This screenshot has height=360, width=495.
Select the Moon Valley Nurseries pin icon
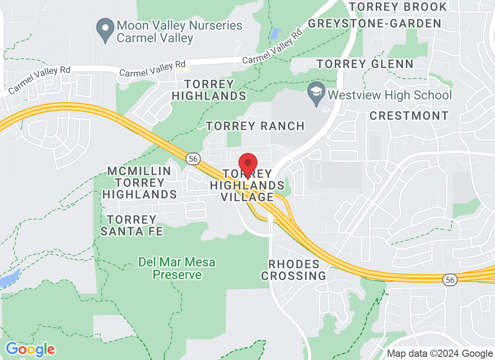coord(105,30)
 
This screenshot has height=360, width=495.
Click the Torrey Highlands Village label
coord(248,185)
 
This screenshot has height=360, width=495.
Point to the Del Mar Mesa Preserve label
coord(177,268)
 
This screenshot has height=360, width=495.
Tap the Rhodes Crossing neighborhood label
coord(293,270)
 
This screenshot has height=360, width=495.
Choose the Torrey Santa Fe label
coord(131,225)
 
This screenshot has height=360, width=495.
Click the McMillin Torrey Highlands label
coord(139,183)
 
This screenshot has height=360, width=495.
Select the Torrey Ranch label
coord(255,126)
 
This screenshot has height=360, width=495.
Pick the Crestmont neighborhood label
coord(409,116)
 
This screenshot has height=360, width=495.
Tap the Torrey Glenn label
coord(365,64)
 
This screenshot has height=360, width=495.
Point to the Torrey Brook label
coord(398,7)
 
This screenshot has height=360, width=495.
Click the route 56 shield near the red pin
coord(193,158)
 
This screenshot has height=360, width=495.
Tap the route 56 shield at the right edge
coord(450,280)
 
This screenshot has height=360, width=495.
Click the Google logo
coord(30,349)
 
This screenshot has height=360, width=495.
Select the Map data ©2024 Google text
coord(440,354)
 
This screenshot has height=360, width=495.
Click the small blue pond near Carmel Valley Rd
coord(275,32)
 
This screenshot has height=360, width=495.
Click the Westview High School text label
coord(390,95)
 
